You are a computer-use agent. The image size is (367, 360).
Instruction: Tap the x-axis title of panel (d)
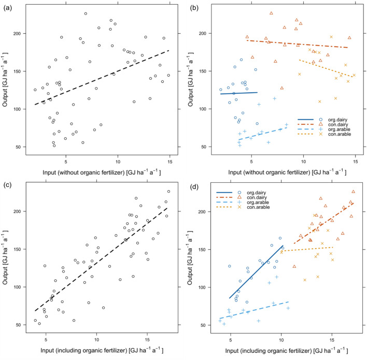[282, 347]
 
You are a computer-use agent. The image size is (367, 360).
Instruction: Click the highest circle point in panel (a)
[86, 13]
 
